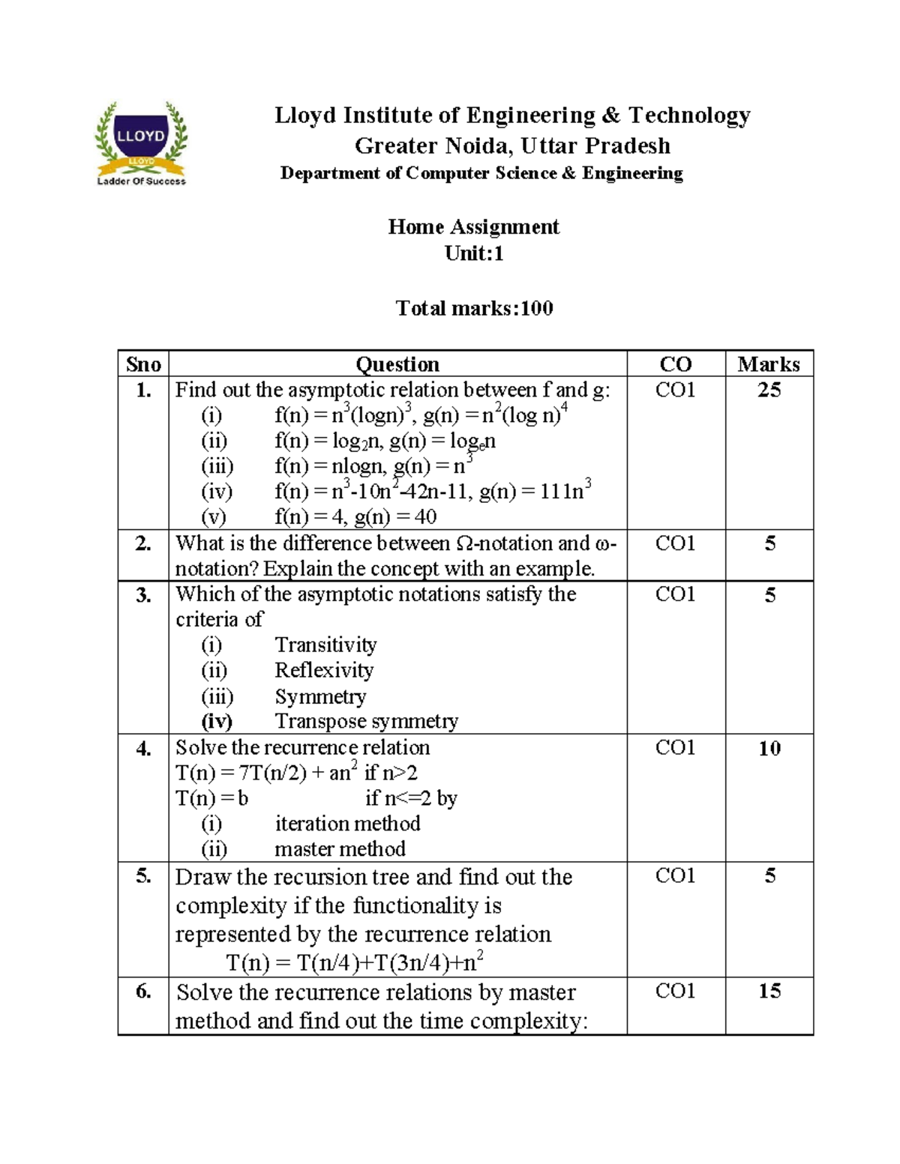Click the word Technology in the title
pyautogui.click(x=689, y=115)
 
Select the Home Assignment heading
pyautogui.click(x=473, y=227)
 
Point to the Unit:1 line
pyautogui.click(x=474, y=253)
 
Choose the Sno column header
pyautogui.click(x=143, y=364)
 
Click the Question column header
pyautogui.click(x=397, y=364)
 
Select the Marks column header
pyautogui.click(x=769, y=364)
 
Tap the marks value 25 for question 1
pyautogui.click(x=769, y=390)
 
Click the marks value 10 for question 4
pyautogui.click(x=769, y=748)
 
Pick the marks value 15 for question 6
pyautogui.click(x=769, y=991)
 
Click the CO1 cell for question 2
pyautogui.click(x=675, y=543)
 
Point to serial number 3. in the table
pyautogui.click(x=143, y=594)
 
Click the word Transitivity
pyautogui.click(x=325, y=645)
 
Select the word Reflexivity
pyautogui.click(x=324, y=670)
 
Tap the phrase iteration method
pyautogui.click(x=347, y=824)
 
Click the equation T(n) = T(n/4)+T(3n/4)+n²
pyautogui.click(x=355, y=962)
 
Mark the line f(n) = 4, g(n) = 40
pyautogui.click(x=355, y=517)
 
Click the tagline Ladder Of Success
pyautogui.click(x=142, y=181)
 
